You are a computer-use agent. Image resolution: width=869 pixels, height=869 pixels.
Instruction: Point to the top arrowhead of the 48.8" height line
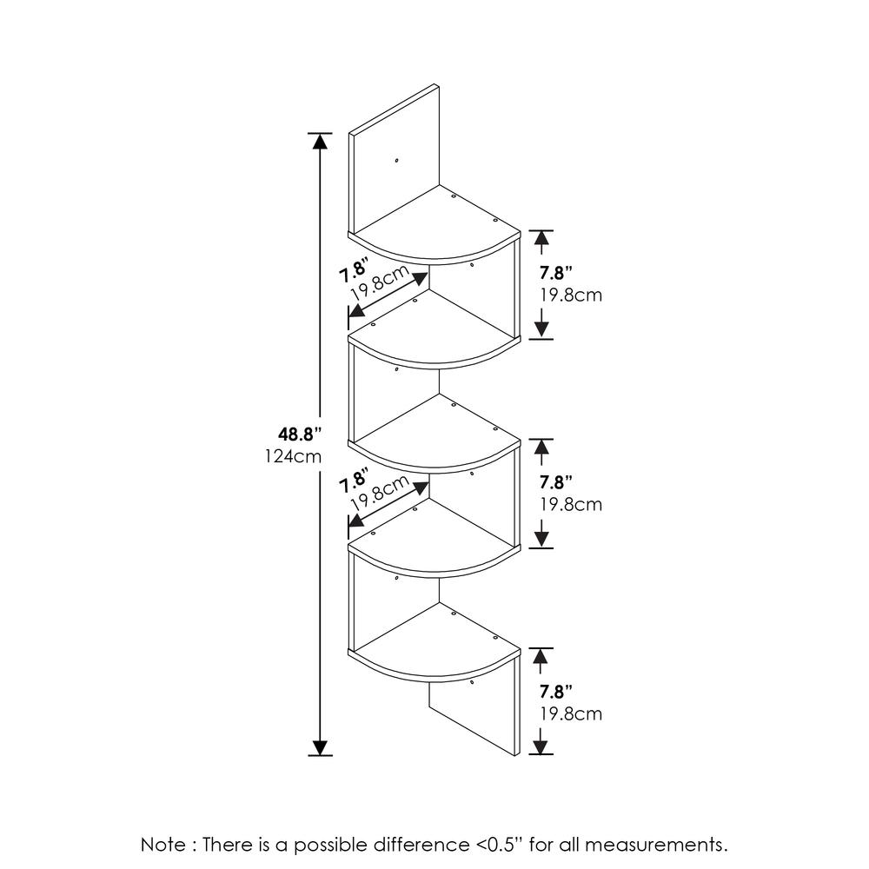321,142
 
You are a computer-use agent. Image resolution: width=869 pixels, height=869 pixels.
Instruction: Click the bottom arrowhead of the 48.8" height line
321,746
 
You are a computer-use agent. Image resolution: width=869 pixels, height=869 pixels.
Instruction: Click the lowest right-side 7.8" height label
555,693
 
